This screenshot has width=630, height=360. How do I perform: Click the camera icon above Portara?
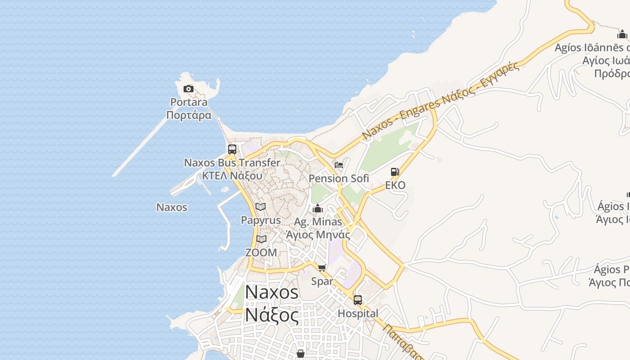pyautogui.click(x=189, y=89)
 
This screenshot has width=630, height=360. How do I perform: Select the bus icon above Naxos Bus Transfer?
pyautogui.click(x=232, y=149)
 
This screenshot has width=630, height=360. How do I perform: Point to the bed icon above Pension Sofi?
pyautogui.click(x=339, y=165)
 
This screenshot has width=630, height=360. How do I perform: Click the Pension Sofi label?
pyautogui.click(x=339, y=179)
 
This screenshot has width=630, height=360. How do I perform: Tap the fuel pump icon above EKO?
pyautogui.click(x=395, y=171)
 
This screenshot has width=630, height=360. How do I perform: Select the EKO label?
pyautogui.click(x=395, y=185)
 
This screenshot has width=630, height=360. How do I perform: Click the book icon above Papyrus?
pyautogui.click(x=261, y=207)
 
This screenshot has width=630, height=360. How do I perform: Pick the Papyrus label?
pyautogui.click(x=261, y=220)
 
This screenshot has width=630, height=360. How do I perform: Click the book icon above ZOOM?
pyautogui.click(x=261, y=239)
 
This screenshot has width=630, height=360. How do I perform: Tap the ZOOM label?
pyautogui.click(x=261, y=252)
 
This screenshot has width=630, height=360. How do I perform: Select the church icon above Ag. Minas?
pyautogui.click(x=318, y=208)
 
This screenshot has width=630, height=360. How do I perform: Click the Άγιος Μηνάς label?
pyautogui.click(x=318, y=234)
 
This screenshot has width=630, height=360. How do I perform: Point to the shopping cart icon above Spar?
pyautogui.click(x=322, y=268)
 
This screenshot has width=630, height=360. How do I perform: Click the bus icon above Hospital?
pyautogui.click(x=358, y=300)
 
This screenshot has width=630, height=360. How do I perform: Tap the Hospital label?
pyautogui.click(x=358, y=314)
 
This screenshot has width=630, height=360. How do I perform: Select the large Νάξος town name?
pyautogui.click(x=272, y=315)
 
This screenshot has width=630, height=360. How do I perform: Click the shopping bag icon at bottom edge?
pyautogui.click(x=301, y=354)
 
